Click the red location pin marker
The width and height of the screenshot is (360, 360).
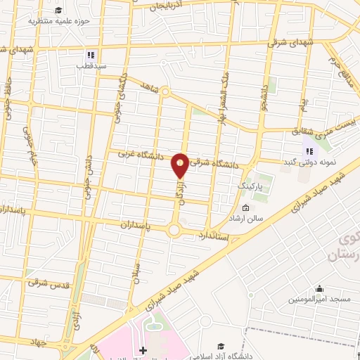181,165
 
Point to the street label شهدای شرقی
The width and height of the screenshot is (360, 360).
288,42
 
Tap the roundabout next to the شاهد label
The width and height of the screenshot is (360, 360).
165,91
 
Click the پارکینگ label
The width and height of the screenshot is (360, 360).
248,186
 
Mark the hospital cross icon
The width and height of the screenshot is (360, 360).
143,350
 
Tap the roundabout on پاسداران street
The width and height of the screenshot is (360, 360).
174,229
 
